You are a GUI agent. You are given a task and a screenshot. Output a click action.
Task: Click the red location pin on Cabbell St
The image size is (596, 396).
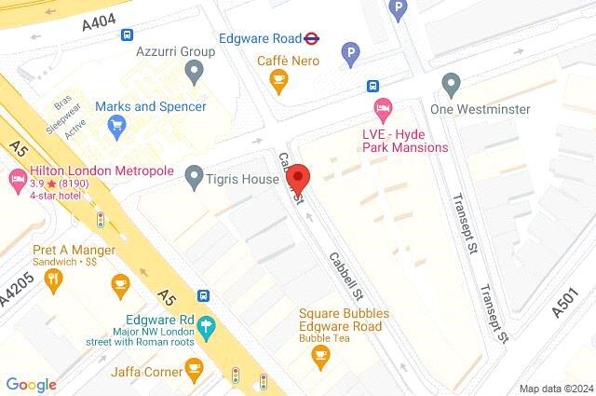tap(298, 177)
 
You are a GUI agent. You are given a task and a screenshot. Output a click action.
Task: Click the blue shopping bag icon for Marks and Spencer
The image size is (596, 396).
tap(116, 128)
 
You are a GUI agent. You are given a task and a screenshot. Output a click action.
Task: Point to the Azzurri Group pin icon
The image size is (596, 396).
tap(194, 71)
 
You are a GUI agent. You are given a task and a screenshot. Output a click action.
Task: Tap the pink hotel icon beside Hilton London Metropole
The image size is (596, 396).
tap(17, 178)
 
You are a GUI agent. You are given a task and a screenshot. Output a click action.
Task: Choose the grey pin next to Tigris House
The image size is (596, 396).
tap(194, 174)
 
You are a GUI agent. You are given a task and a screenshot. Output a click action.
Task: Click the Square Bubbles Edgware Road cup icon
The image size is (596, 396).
tap(318, 355)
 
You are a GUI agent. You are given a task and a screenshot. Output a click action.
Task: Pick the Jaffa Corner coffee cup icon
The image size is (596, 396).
tap(194, 373)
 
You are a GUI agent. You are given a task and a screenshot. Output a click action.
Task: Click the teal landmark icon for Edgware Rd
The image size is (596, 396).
tap(206, 329)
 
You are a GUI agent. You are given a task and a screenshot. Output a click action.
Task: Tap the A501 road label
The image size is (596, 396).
tap(571, 303)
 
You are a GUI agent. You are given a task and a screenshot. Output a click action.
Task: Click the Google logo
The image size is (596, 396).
tap(31, 384)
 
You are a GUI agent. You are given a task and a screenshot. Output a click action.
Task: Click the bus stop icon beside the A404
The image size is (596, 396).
tap(126, 34)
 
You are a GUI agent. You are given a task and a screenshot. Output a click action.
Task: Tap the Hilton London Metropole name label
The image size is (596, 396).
tap(102, 171)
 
